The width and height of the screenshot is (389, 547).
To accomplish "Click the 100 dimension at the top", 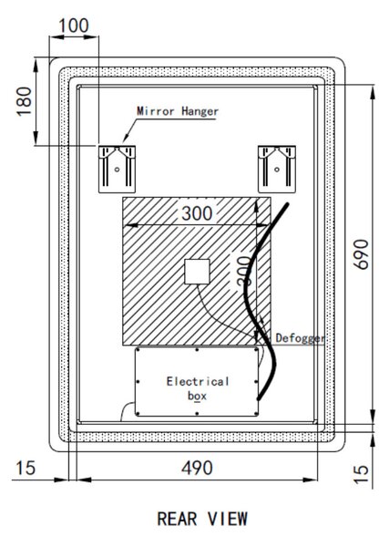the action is (x=74, y=26).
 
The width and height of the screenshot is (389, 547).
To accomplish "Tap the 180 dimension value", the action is (x=25, y=101).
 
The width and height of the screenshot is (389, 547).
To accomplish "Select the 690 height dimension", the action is (x=361, y=254).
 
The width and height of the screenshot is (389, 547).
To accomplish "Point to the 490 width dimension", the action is (x=197, y=468).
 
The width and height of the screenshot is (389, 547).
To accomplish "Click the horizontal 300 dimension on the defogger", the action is (x=197, y=213).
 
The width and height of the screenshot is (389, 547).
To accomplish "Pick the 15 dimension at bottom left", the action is (x=26, y=468).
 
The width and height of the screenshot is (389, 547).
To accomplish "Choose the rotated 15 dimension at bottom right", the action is (x=361, y=474).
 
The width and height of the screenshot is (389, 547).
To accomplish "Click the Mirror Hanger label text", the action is (x=178, y=111).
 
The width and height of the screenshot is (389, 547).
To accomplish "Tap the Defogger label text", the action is (x=300, y=337).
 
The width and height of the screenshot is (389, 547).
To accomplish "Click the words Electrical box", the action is (x=198, y=388).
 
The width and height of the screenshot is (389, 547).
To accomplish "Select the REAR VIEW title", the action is (x=202, y=519).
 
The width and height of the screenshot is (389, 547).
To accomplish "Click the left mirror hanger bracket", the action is (x=117, y=169).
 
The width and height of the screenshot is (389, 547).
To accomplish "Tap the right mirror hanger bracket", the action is (x=277, y=169).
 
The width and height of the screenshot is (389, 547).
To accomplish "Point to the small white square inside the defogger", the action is (x=197, y=272).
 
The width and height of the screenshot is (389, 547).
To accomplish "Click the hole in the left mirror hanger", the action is (x=118, y=170).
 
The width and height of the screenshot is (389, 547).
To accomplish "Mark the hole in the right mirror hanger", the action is (x=277, y=170).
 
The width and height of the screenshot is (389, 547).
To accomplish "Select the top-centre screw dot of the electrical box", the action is (x=197, y=349).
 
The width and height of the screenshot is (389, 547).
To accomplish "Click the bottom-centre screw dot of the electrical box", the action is (x=197, y=414).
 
